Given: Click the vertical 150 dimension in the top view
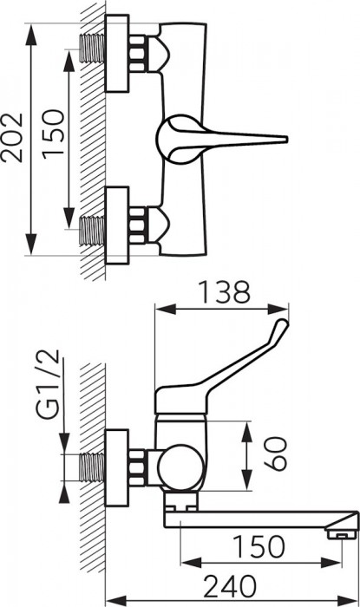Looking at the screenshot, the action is pyautogui.click(x=53, y=134).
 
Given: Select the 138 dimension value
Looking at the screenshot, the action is pyautogui.click(x=224, y=292).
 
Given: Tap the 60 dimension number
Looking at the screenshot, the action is pyautogui.click(x=274, y=454).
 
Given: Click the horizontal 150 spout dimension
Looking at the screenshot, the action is pyautogui.click(x=259, y=546).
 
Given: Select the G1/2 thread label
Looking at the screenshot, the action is pyautogui.click(x=49, y=384).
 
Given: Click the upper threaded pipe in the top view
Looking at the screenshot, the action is pyautogui.click(x=92, y=48).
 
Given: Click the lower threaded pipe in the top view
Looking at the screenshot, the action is pyautogui.click(x=92, y=231).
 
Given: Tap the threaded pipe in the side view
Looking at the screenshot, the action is pyautogui.click(x=92, y=467).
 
